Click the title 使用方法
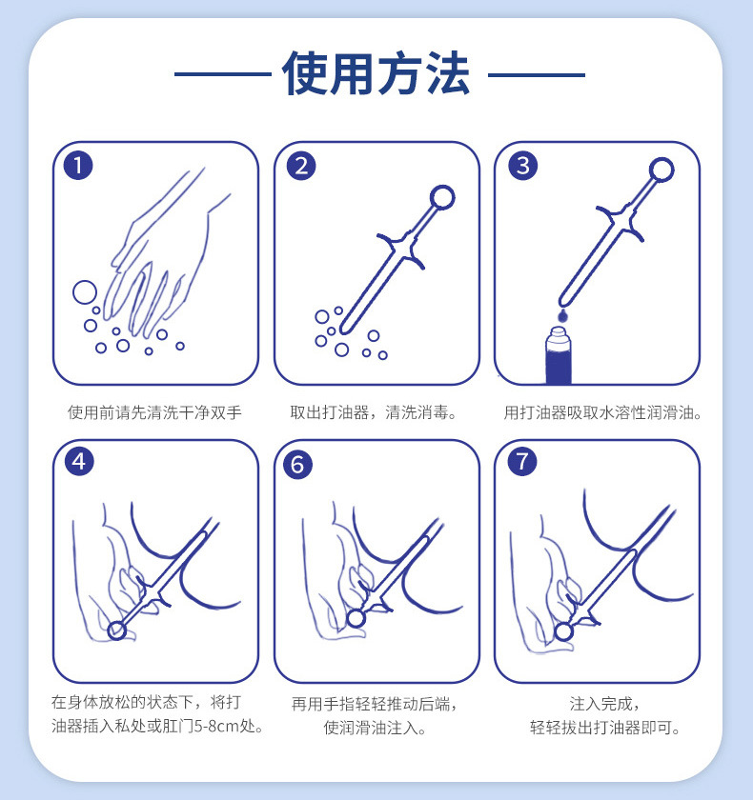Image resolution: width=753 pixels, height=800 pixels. click(x=376, y=74)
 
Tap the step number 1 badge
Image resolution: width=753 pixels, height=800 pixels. click(x=78, y=166)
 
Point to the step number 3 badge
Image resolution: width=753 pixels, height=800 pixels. click(x=521, y=166)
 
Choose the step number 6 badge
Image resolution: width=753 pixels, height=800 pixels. click(x=298, y=464)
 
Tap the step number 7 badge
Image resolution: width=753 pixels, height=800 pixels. click(x=521, y=463)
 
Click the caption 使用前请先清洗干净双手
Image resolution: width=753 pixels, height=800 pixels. click(x=154, y=412)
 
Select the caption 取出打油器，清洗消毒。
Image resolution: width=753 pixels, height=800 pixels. click(x=376, y=412)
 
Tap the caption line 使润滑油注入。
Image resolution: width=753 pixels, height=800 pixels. click(x=375, y=729)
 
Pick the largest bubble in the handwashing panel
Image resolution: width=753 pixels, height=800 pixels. click(x=85, y=291)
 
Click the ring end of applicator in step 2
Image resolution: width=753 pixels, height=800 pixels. click(x=442, y=198)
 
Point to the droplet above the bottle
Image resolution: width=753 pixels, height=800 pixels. click(x=562, y=313)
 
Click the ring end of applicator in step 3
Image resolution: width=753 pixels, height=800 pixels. click(x=662, y=172)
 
